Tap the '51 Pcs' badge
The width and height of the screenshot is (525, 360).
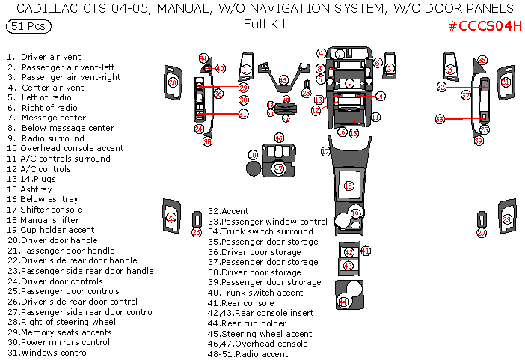click(28, 26)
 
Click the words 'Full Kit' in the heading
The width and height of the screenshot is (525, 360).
click(265, 24)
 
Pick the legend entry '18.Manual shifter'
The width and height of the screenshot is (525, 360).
click(44, 220)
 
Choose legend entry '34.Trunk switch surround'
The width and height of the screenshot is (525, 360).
click(260, 231)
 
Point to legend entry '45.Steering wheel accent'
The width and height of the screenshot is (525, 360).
click(261, 334)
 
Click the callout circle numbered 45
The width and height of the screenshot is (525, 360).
click(283, 80)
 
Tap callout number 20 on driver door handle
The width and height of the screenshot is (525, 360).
click(173, 82)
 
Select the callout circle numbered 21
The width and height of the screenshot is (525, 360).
click(506, 82)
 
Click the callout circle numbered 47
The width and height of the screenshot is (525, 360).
click(279, 169)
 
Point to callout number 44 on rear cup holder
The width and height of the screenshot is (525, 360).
click(343, 302)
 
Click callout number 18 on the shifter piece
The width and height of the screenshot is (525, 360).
click(348, 186)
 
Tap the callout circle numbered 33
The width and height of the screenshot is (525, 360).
click(440, 119)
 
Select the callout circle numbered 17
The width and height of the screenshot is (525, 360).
click(325, 151)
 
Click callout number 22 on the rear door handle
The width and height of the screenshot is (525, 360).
click(171, 218)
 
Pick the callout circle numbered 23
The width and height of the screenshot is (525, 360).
click(507, 219)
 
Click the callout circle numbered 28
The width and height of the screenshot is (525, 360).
click(306, 93)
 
